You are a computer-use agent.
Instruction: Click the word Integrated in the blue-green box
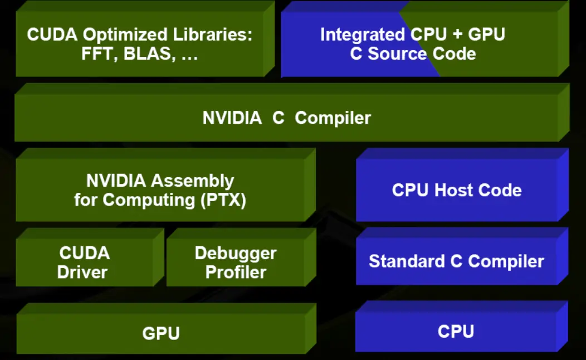tap(363, 35)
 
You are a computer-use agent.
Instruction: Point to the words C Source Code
tap(413, 53)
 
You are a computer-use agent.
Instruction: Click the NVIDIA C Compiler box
tap(286, 118)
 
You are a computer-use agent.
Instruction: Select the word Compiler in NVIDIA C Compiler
tap(333, 118)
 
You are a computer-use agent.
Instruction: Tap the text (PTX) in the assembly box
tap(222, 200)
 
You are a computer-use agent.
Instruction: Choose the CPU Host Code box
tap(457, 190)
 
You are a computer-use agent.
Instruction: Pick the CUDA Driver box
tap(85, 262)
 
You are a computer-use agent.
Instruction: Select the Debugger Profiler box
tap(236, 262)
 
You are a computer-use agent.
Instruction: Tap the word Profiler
tap(236, 272)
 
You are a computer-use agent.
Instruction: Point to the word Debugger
tap(236, 253)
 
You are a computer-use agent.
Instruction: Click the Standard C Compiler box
tap(456, 261)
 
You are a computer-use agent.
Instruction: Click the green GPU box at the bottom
tap(161, 333)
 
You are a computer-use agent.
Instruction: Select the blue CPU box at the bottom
tap(456, 331)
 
